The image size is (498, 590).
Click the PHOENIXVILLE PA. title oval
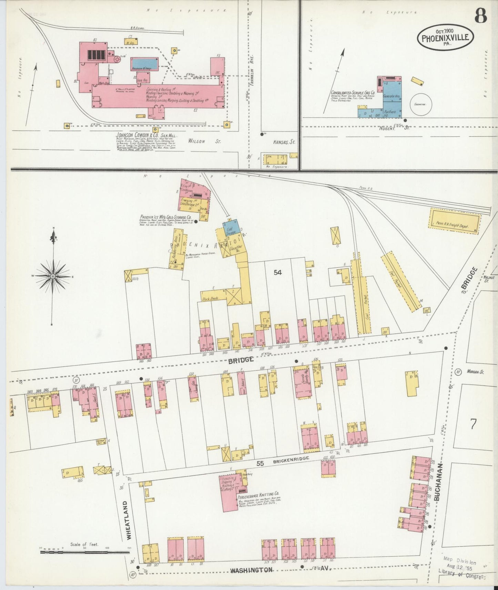pyautogui.click(x=445, y=37)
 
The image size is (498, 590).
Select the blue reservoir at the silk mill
pyautogui.click(x=145, y=64)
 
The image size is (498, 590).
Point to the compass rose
pyautogui.click(x=53, y=276)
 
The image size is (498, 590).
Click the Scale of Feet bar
pyautogui.click(x=84, y=552)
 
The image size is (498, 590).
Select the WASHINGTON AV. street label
pyautogui.click(x=251, y=570)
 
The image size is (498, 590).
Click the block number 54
pyautogui.click(x=278, y=272)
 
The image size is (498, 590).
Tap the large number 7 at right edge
pyautogui.click(x=473, y=424)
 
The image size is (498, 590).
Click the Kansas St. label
pyautogui.click(x=284, y=142)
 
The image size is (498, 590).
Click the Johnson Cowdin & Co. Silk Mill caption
pyautogui.click(x=146, y=135)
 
